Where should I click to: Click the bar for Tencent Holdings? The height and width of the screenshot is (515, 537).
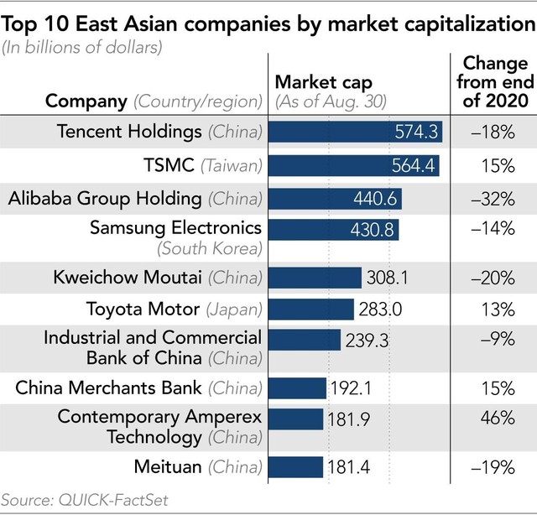[357, 132]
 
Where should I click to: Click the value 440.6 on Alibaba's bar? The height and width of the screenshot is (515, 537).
[377, 199]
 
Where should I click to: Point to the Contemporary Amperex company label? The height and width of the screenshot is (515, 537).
[159, 417]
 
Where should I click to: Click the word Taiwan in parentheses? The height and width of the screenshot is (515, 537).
[232, 166]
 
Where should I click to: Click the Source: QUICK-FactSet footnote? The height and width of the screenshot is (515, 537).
[85, 501]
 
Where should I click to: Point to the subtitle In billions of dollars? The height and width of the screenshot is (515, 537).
[82, 47]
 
